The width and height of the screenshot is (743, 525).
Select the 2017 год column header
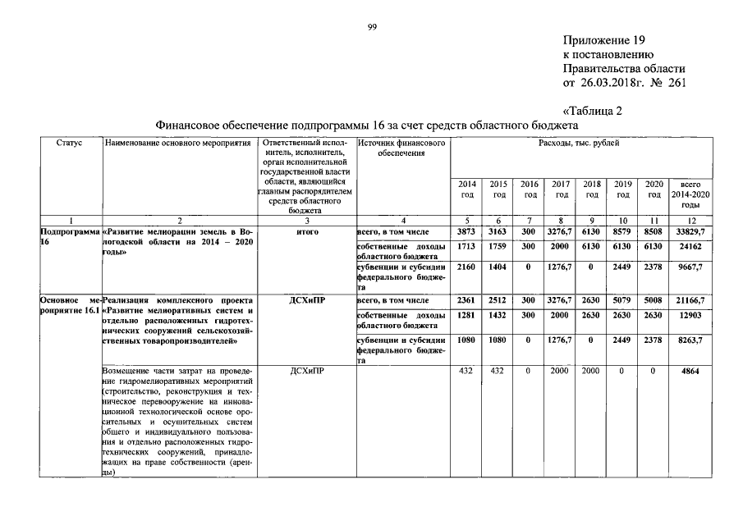(562, 189)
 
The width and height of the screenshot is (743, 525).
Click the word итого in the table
(306, 233)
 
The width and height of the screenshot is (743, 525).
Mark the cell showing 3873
(466, 233)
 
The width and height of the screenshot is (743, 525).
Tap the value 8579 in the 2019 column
(623, 233)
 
